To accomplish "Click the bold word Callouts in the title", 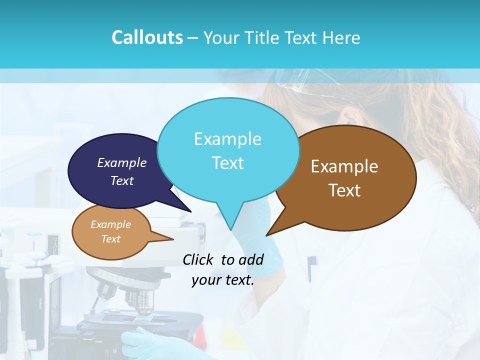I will coord(147,37).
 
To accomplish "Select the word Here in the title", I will coord(341,37).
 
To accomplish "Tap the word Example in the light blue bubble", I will coord(227,139).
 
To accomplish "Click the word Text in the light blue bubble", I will coord(227,163).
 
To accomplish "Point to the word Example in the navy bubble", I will coord(122,162).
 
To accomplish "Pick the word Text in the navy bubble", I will coord(122,180).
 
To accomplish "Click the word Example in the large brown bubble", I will coord(344,166).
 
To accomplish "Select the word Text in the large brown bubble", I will coord(344,190).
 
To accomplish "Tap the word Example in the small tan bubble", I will coord(110,224).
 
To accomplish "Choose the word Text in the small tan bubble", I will coord(110,239).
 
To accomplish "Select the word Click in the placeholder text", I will coord(198,259).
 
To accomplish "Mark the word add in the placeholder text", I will coord(251,259).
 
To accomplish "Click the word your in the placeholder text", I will coord(205,280).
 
